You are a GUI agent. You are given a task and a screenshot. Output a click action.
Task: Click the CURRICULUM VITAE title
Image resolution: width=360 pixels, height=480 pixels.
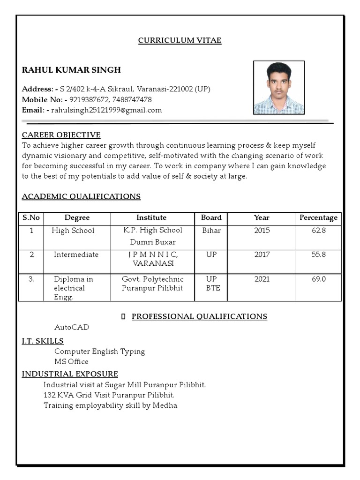(180, 40)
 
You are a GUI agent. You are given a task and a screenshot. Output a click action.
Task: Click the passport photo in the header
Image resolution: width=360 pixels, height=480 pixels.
(278, 88)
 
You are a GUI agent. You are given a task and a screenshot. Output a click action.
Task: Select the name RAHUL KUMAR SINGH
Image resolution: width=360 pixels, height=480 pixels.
(71, 70)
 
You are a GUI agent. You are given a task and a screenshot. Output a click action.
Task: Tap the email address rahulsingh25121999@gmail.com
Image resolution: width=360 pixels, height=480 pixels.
(106, 110)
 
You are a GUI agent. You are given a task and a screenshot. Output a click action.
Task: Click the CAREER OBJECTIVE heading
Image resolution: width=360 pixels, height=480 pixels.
(61, 135)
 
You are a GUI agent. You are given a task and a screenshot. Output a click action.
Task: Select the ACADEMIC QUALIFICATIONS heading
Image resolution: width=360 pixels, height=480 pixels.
(81, 196)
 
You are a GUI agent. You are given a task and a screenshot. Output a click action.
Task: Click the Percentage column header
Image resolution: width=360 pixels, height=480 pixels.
(318, 217)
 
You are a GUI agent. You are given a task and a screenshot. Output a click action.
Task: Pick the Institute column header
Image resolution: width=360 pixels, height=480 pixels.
(151, 217)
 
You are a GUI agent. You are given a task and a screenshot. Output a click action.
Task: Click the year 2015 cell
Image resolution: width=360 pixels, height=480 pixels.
(262, 230)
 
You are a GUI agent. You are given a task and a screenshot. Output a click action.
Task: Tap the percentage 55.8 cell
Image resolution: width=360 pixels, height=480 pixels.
(318, 255)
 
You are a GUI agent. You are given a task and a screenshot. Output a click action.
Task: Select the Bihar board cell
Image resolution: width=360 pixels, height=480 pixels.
(211, 230)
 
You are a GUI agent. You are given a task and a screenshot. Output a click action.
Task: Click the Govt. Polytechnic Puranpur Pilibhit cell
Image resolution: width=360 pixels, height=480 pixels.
(152, 283)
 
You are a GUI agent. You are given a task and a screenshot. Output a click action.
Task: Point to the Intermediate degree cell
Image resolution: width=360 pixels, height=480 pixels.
(76, 255)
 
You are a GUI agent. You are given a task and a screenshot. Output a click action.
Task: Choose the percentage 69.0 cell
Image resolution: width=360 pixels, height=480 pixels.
(318, 279)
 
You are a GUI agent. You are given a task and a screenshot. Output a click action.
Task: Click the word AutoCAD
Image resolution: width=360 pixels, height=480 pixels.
(71, 327)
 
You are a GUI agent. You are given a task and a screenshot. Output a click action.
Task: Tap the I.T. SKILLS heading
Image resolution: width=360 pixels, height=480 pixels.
(43, 341)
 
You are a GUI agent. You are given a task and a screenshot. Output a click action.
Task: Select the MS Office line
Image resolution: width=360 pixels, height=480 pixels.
(71, 361)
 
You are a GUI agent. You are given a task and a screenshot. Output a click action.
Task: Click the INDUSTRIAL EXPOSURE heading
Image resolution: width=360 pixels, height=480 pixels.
(70, 374)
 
